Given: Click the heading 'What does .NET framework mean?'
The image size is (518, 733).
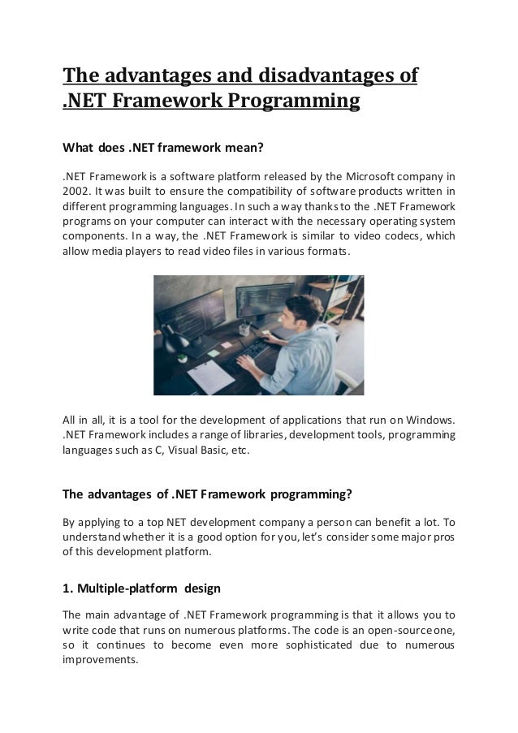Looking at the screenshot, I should (x=165, y=149).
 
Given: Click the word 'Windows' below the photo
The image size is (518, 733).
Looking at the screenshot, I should (x=432, y=420).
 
